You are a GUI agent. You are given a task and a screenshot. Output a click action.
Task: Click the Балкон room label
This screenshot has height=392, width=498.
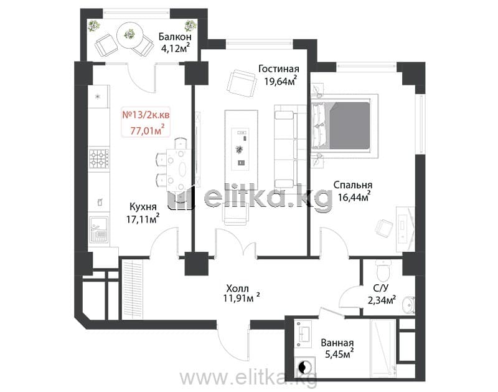tap(175, 37)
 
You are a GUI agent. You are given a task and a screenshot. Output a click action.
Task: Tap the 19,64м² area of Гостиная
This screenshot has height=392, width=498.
tap(281, 81)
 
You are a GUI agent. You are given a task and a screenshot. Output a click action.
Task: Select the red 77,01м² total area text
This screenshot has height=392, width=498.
tap(148, 130)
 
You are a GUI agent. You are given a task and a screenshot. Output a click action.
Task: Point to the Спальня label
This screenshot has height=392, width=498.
tap(353, 184)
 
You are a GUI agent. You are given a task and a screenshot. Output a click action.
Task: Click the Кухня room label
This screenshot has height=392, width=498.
tap(143, 207)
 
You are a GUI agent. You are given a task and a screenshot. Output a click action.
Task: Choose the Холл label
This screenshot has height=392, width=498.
tap(237, 289)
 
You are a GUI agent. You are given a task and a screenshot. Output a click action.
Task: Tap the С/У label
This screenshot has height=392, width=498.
tap(380, 288)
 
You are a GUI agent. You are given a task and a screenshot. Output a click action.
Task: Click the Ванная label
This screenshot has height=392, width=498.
tap(337, 343)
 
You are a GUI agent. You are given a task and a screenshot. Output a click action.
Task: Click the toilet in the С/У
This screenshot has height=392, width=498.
tap(384, 270)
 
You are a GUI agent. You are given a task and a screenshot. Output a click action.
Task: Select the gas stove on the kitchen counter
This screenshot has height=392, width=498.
tap(99, 159)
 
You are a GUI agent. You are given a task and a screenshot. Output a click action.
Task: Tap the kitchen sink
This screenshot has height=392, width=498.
tap(99, 229)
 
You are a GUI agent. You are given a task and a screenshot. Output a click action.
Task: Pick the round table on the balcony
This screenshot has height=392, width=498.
tap(129, 34)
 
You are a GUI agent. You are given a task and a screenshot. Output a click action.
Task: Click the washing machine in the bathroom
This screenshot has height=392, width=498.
tap(304, 366)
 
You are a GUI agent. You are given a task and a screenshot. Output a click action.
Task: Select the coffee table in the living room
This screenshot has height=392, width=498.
tap(242, 150)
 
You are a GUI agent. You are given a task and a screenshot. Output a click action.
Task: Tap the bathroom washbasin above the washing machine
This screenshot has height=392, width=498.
tap(303, 333)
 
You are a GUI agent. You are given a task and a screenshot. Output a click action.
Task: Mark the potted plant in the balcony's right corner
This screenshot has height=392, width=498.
tap(190, 26)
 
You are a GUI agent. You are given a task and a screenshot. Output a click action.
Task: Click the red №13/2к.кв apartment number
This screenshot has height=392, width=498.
tap(146, 115)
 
